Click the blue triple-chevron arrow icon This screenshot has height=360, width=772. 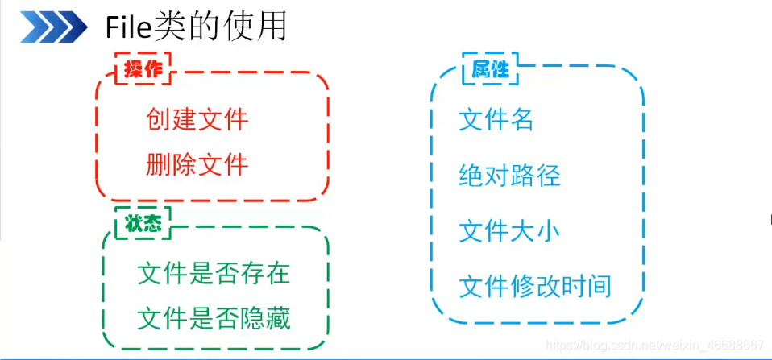53,29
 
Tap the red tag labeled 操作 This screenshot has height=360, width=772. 143,69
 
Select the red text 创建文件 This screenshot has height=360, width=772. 197,120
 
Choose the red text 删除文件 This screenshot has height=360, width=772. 197,164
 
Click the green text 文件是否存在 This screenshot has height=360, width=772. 214,274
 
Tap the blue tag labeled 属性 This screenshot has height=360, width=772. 490,69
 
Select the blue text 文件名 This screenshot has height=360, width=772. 496,120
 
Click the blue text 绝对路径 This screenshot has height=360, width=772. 509,176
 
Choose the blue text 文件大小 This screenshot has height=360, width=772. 509,231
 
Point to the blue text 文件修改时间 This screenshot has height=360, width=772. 535,286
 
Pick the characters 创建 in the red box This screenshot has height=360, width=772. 172,120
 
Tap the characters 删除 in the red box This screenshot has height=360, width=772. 172,164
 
